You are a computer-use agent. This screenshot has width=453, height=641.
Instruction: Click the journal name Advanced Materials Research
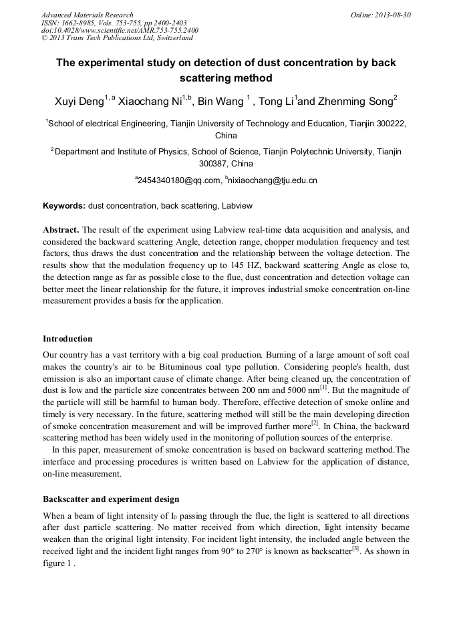click(x=87, y=15)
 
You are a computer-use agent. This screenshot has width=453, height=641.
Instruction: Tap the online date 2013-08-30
click(x=392, y=15)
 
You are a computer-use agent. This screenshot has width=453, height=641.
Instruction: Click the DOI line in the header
click(x=120, y=30)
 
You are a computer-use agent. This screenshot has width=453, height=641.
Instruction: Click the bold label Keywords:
click(x=64, y=206)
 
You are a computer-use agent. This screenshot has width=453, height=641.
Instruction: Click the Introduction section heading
click(x=67, y=339)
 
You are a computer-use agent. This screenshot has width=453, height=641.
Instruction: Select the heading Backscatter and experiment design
click(x=111, y=499)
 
